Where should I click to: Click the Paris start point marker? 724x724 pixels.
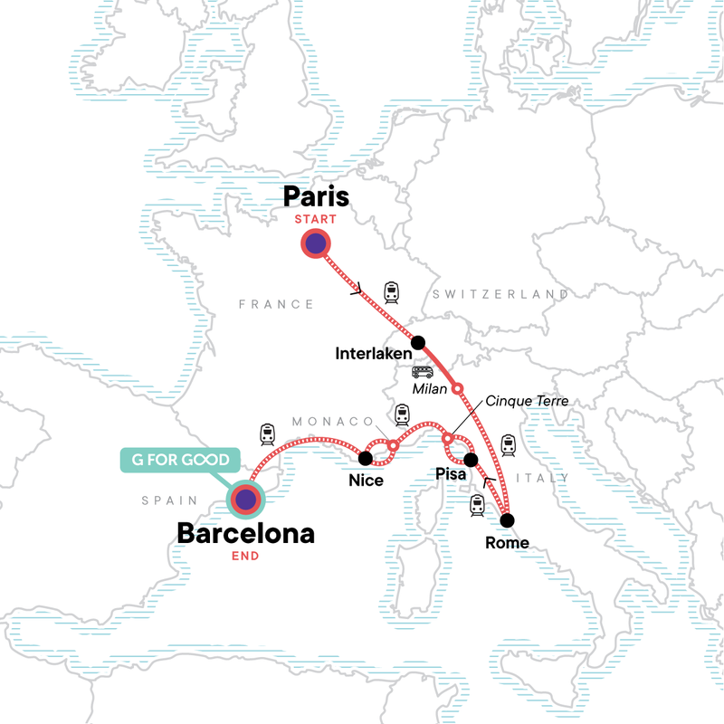[x=315, y=244]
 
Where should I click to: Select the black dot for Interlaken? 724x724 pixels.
[x=418, y=342]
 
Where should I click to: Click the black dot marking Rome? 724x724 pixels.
[x=508, y=520]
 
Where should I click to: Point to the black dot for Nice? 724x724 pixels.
[x=367, y=458]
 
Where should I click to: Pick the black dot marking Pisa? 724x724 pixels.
[x=471, y=459]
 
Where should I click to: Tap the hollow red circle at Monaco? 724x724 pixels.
[x=394, y=445]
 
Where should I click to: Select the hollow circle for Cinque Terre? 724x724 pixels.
[x=447, y=440]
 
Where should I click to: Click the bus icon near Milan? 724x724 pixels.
[x=423, y=372]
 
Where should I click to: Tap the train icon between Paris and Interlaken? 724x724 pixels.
[x=391, y=291]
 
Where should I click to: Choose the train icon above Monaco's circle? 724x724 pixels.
[x=401, y=415]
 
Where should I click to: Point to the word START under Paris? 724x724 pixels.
[x=315, y=219]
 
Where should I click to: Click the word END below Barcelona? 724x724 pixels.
[x=245, y=556]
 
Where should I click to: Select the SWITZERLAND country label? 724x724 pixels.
[x=500, y=295]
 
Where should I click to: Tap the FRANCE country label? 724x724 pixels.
[x=276, y=305]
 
